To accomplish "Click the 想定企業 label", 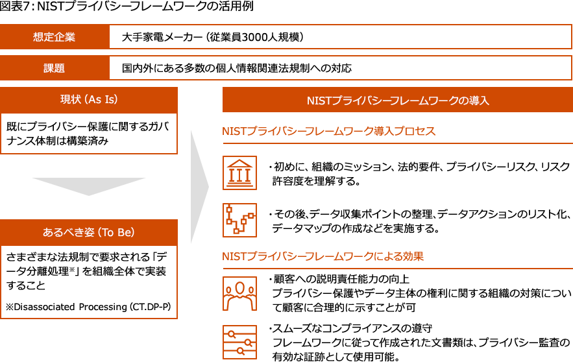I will pyautogui.click(x=55, y=37).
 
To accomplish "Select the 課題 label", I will pyautogui.click(x=55, y=68).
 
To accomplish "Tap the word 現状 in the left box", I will pyautogui.click(x=70, y=99).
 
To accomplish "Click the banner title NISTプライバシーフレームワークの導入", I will pyautogui.click(x=397, y=101).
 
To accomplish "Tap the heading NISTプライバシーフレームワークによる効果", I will pyautogui.click(x=323, y=256).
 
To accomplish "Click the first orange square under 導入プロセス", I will pyautogui.click(x=239, y=173).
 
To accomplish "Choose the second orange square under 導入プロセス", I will pyautogui.click(x=239, y=221).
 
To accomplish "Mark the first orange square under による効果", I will pyautogui.click(x=239, y=294).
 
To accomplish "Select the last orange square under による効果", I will pyautogui.click(x=239, y=342).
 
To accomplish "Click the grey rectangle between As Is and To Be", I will pyautogui.click(x=89, y=187).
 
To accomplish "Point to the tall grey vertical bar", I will pyautogui.click(x=200, y=186).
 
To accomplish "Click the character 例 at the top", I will pyautogui.click(x=250, y=5).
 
